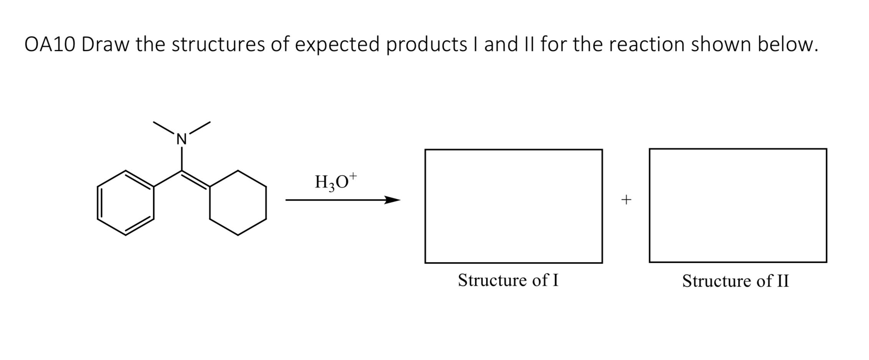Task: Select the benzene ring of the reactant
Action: tap(126, 203)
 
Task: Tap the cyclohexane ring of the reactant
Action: tap(238, 203)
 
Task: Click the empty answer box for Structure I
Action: tap(513, 206)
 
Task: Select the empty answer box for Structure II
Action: tap(738, 205)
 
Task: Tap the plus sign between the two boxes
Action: tap(626, 200)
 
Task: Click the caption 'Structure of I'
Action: tap(508, 280)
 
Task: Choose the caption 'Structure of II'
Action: tap(735, 281)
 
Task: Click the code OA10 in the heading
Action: tap(50, 45)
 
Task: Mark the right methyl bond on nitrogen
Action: tap(199, 128)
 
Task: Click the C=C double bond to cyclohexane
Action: tap(196, 180)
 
